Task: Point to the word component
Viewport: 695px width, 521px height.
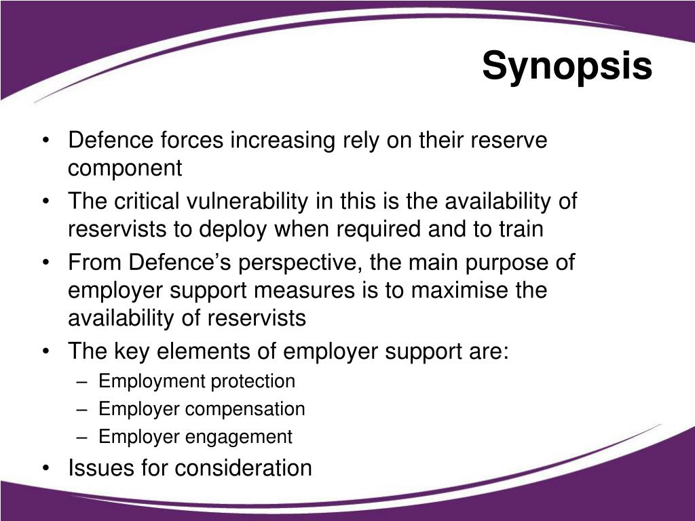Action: (x=125, y=168)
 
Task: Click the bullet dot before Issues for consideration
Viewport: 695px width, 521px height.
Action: (x=45, y=468)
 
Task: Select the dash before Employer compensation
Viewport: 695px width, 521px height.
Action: (x=83, y=409)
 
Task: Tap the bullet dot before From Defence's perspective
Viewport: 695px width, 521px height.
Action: (x=45, y=263)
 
